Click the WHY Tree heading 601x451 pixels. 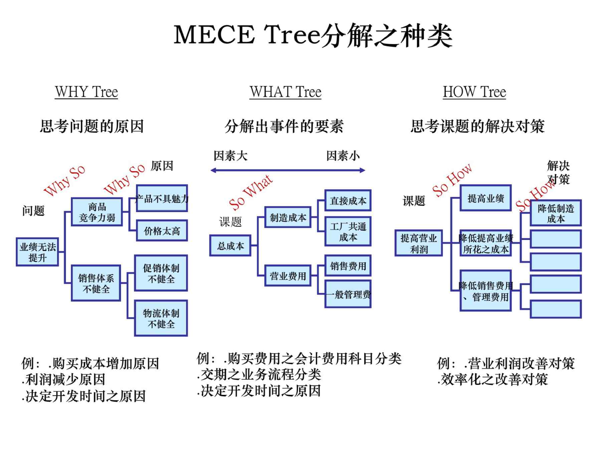tap(86, 92)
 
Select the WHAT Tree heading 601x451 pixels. tap(285, 92)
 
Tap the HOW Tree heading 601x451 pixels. tap(474, 92)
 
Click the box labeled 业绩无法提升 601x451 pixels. tap(37, 252)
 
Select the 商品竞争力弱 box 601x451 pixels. tap(97, 212)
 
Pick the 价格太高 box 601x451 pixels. tap(162, 231)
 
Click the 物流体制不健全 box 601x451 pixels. tap(161, 318)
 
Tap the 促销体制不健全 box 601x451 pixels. tap(161, 273)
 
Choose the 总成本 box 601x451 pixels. tap(230, 246)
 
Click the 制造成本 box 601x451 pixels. tap(288, 217)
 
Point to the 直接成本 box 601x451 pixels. tap(348, 200)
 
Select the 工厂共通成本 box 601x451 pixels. tap(348, 232)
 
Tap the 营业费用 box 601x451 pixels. tap(288, 276)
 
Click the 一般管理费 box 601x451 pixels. tap(348, 294)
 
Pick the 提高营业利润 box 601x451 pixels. tap(419, 243)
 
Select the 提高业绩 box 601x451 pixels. tap(485, 198)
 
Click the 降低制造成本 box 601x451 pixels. tap(556, 213)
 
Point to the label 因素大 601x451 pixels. tap(230, 156)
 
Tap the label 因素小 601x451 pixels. tap(343, 156)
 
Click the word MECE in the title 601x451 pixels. tap(214, 35)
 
